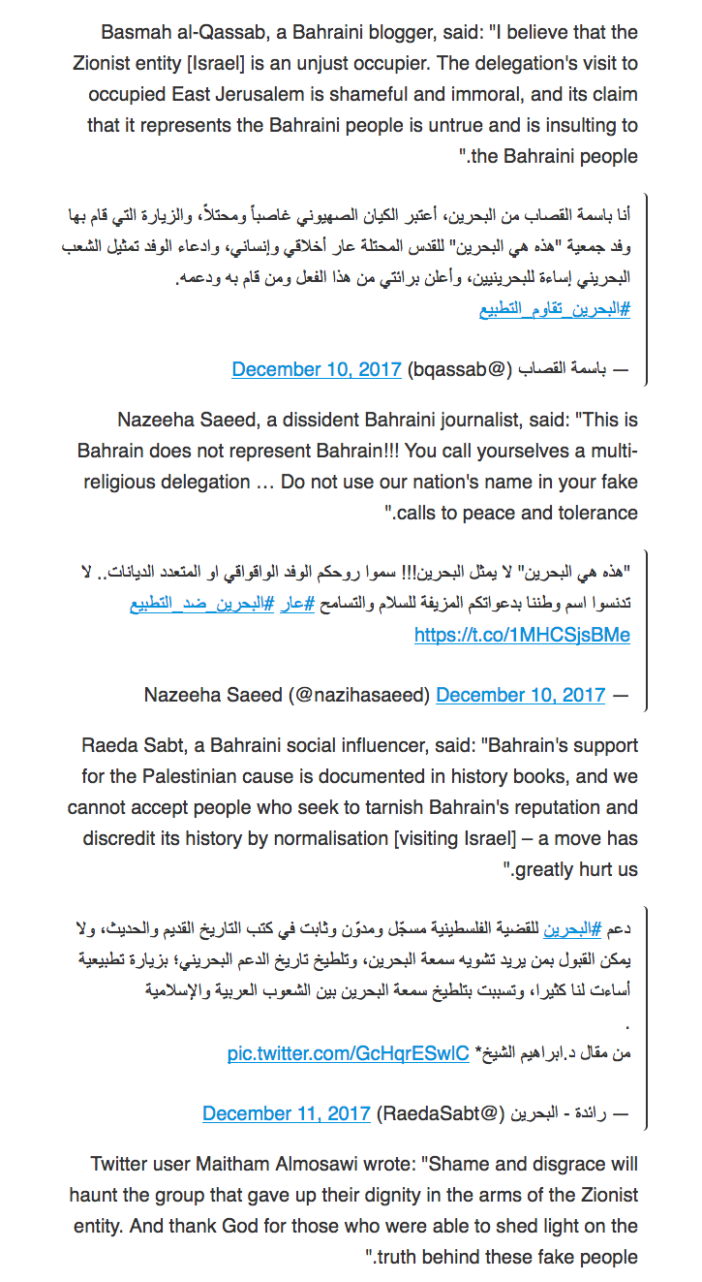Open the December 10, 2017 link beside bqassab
(x=317, y=369)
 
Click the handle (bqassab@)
(x=459, y=369)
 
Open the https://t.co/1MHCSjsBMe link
(x=522, y=636)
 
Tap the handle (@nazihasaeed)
(x=353, y=695)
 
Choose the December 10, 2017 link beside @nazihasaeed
(x=521, y=695)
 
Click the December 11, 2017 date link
(x=287, y=1113)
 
